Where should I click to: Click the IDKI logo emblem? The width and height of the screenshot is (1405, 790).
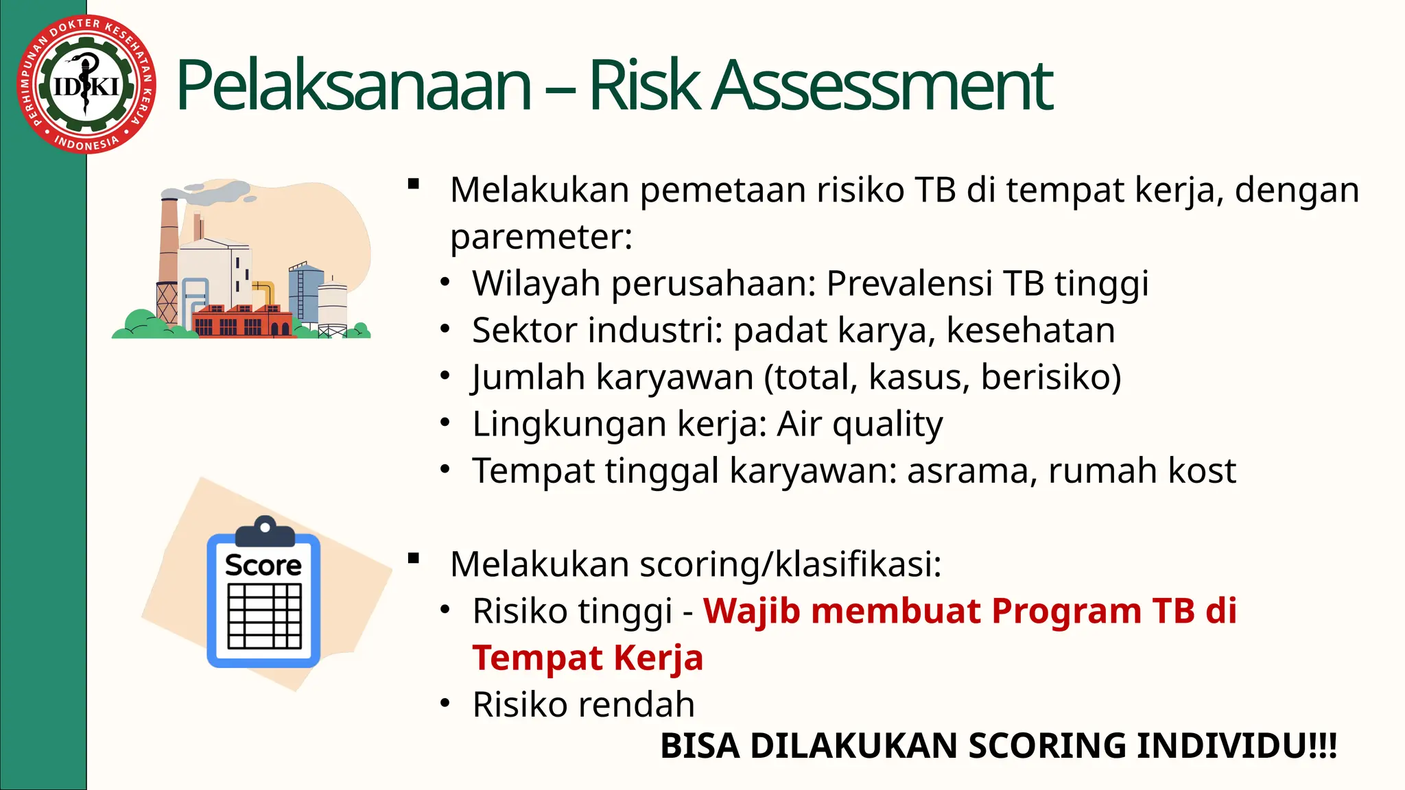tap(86, 84)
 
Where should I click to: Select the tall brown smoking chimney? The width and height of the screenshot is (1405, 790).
tap(168, 254)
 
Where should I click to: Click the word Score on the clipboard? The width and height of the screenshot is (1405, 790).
tap(263, 565)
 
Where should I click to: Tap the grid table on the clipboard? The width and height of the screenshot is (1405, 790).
tap(264, 616)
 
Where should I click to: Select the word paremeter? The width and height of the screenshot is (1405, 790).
tap(541, 237)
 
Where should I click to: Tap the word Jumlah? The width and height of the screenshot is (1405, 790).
tap(528, 377)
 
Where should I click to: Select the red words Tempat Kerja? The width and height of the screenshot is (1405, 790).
tap(587, 658)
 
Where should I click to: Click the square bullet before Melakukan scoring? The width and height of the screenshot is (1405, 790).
tap(413, 559)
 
